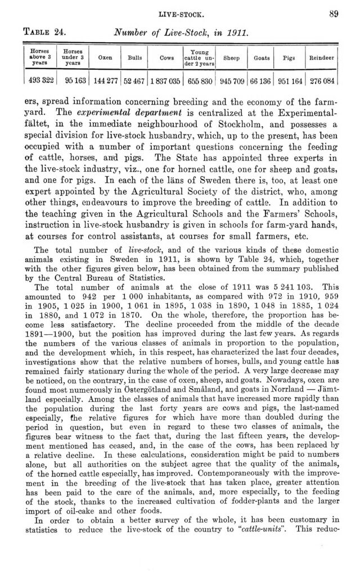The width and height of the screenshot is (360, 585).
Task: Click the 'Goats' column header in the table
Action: click(260, 57)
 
